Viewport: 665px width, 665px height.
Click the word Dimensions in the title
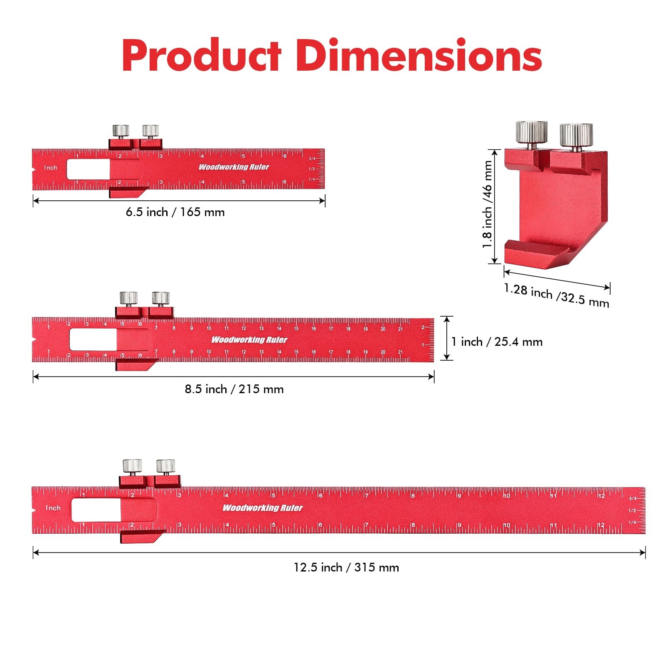(x=419, y=56)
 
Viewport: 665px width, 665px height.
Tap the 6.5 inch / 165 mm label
(x=175, y=212)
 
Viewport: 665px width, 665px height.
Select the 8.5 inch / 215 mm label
(x=234, y=389)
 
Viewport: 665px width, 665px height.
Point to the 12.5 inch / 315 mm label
(x=346, y=568)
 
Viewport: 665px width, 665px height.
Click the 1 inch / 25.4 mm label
(x=497, y=342)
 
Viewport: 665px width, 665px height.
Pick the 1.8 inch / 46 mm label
(x=487, y=204)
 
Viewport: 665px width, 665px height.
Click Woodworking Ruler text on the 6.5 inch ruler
(x=234, y=167)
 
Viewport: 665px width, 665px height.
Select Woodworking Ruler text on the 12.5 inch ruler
(x=263, y=508)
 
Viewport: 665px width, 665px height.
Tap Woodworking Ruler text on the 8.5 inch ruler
(x=249, y=340)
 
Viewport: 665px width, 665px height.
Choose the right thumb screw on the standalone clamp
(x=576, y=135)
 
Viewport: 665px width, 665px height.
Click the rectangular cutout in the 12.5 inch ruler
(x=96, y=510)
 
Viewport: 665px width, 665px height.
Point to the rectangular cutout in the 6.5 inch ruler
(x=89, y=169)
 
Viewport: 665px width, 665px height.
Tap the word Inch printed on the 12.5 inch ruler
(x=53, y=508)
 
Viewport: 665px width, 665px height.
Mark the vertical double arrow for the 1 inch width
(x=447, y=338)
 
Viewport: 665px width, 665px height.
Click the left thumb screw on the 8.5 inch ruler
(x=129, y=298)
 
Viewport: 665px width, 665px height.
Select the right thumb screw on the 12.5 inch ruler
(x=165, y=466)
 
